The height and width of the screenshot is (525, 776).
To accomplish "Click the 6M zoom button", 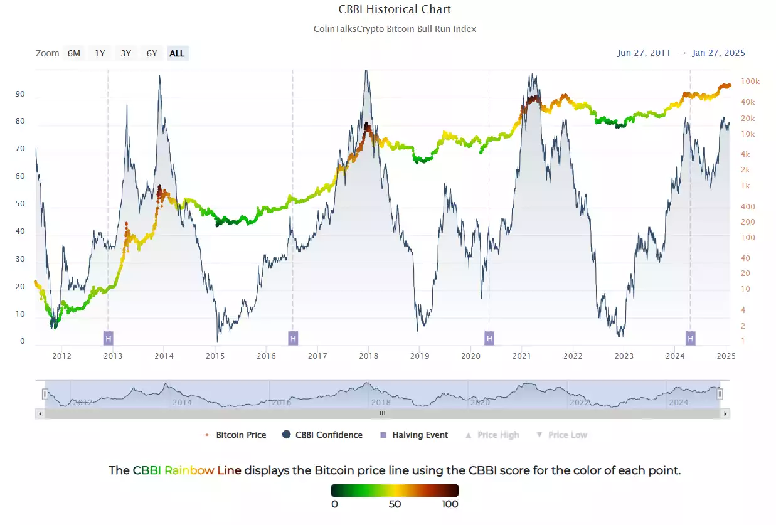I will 74,53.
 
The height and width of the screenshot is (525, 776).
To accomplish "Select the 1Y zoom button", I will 100,53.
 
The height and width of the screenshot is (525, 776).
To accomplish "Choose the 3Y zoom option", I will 126,53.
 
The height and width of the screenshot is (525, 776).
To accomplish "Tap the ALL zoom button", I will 177,53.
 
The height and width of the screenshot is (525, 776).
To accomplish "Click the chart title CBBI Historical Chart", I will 395,9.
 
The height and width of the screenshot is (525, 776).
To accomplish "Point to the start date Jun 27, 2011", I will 644,53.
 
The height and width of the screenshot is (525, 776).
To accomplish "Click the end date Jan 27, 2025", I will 719,53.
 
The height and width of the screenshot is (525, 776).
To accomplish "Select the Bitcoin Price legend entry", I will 241,435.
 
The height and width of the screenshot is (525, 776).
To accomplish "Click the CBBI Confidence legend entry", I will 329,435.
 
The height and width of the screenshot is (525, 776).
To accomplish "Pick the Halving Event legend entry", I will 420,435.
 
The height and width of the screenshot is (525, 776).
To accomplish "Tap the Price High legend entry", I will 497,435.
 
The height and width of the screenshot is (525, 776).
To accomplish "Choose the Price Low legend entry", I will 567,435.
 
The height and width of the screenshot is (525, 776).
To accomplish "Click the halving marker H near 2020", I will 489,339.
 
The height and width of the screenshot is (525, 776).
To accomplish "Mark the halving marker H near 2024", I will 691,339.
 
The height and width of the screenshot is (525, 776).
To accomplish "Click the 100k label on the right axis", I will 750,82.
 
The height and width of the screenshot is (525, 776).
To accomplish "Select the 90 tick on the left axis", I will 21,94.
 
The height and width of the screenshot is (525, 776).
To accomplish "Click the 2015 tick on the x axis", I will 215,356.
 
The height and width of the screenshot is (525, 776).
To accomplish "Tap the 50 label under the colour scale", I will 395,504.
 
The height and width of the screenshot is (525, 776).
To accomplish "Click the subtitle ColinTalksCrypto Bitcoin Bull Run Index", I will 395,29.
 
